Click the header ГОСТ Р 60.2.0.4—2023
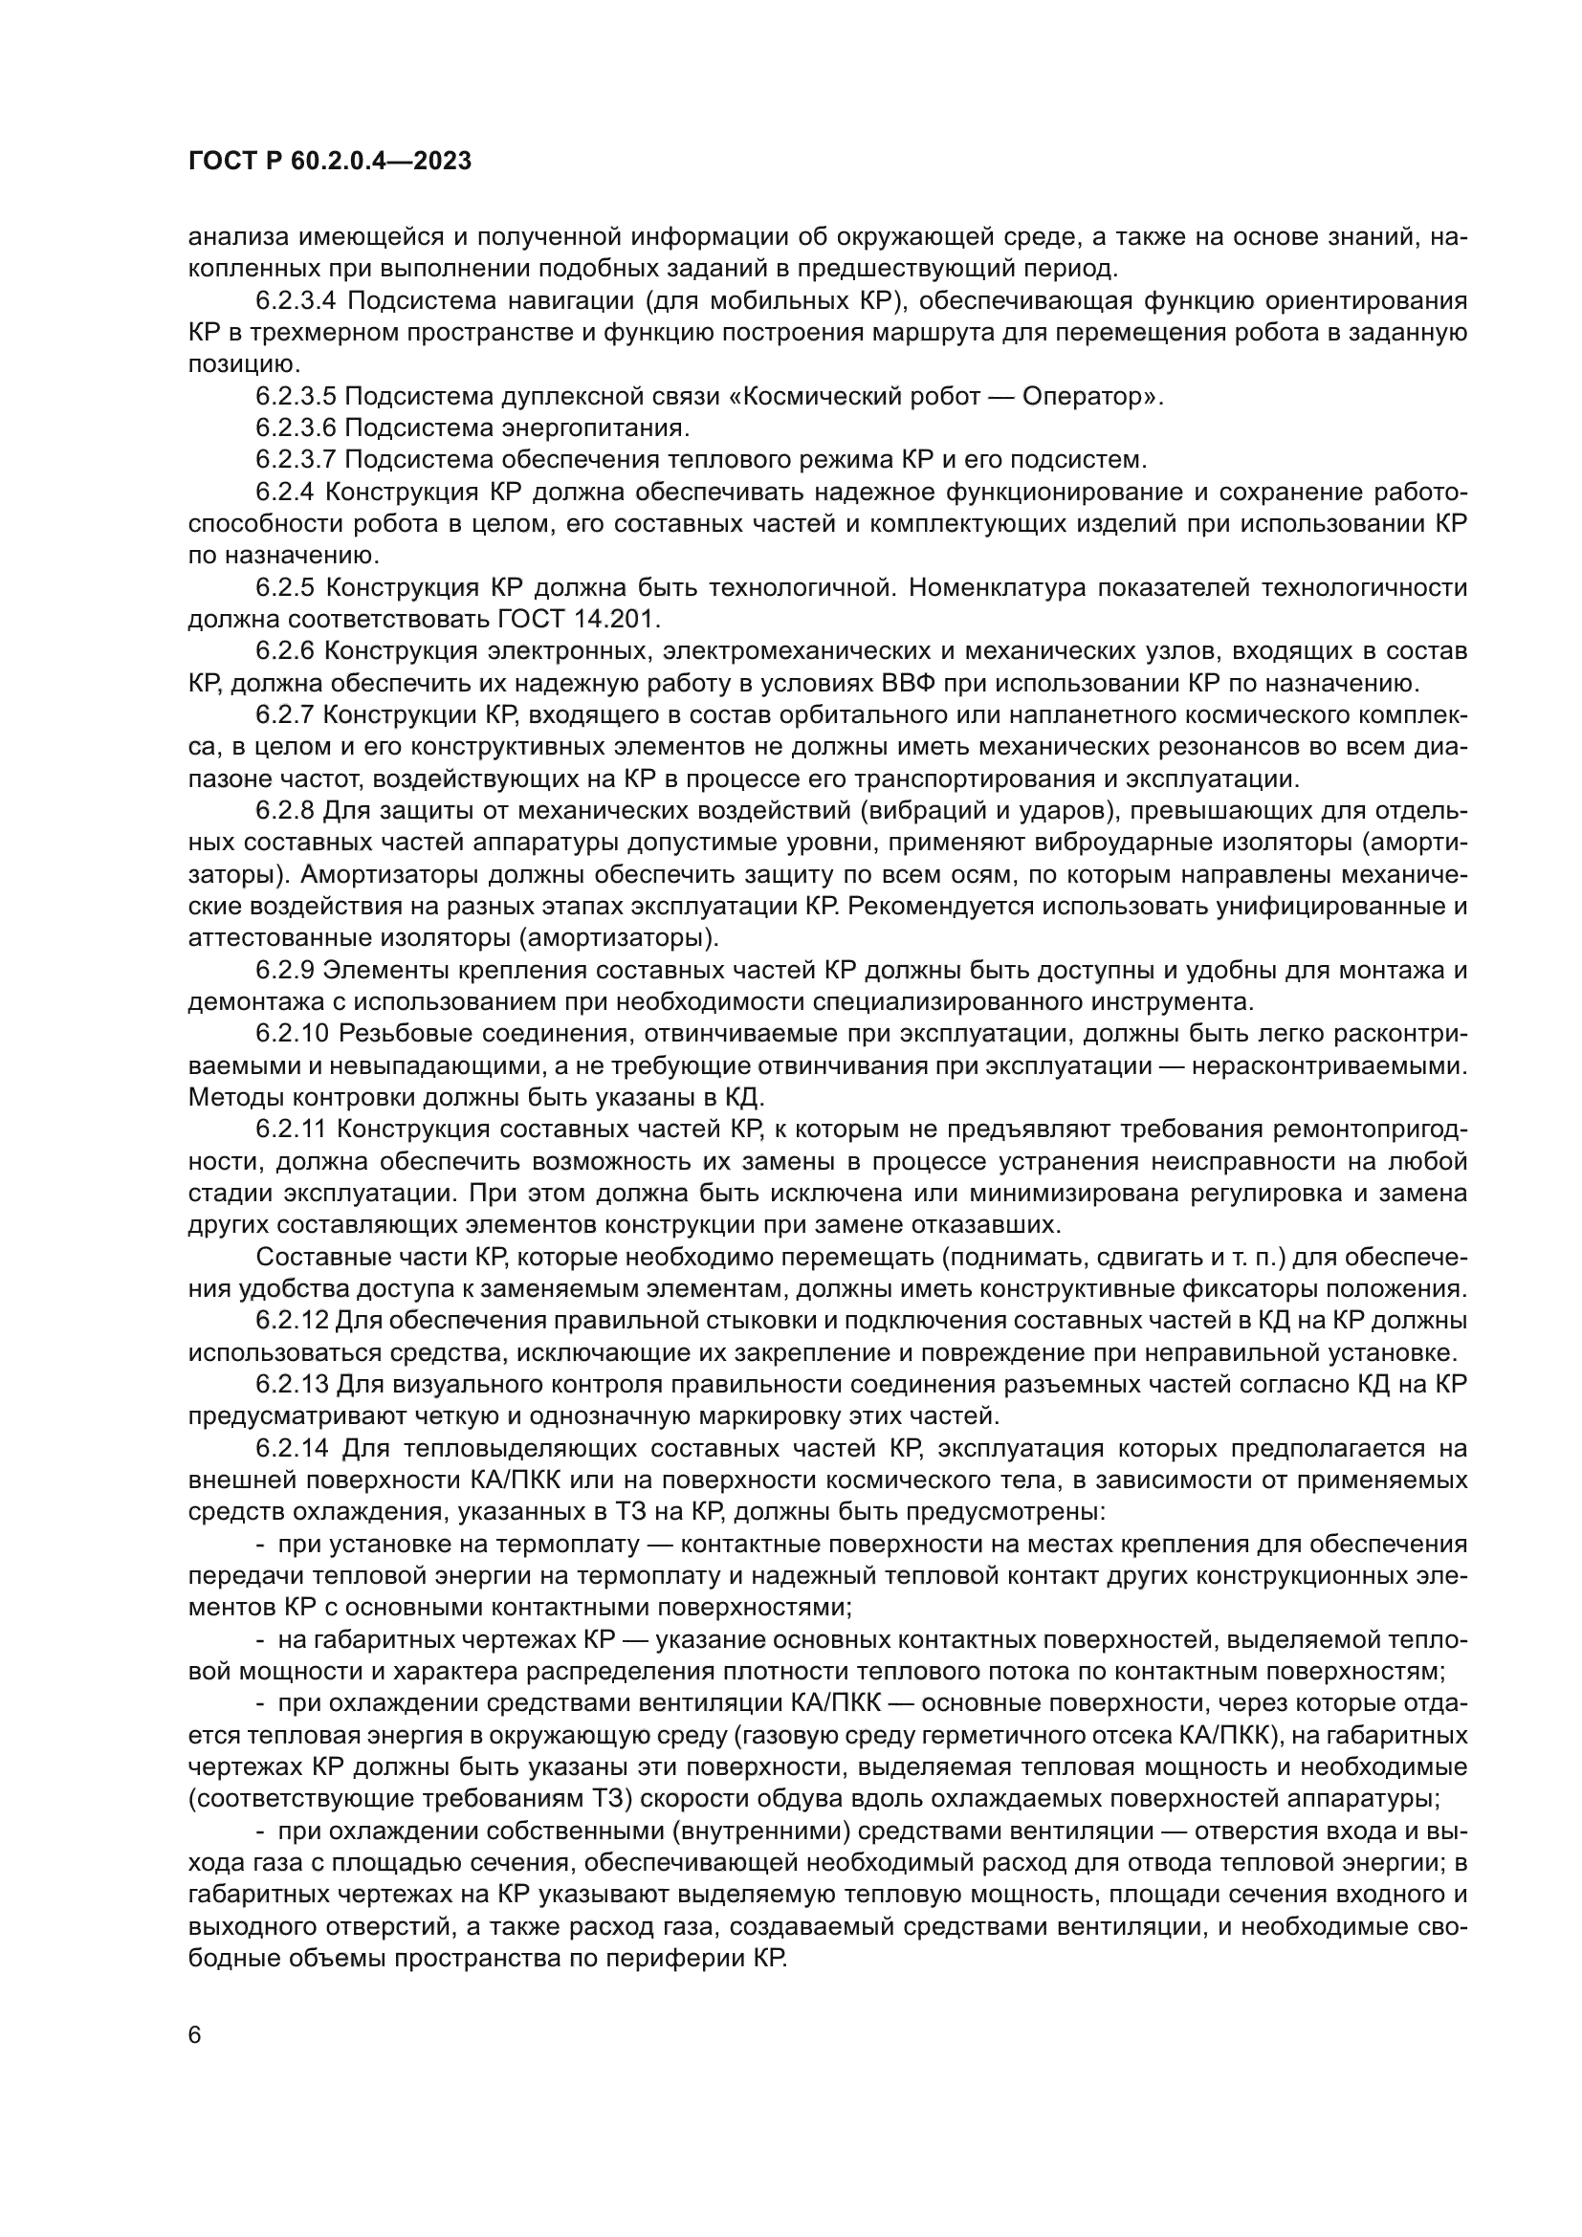click(x=329, y=162)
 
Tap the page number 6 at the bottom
click(x=195, y=2035)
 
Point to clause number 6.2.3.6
click(x=297, y=428)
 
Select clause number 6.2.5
click(x=284, y=587)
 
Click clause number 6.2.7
click(x=284, y=714)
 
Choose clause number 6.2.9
click(x=284, y=970)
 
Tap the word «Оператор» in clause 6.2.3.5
click(x=1084, y=397)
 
